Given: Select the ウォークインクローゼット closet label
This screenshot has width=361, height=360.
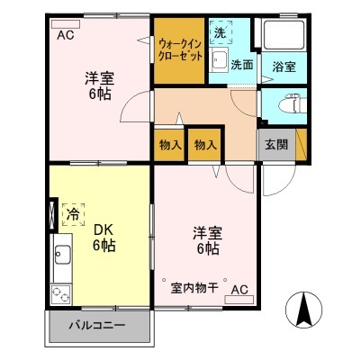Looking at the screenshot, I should tap(179, 48).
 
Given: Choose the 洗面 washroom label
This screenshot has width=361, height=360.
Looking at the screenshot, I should tap(240, 65).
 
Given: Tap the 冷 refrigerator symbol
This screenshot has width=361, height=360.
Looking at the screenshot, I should tap(71, 215).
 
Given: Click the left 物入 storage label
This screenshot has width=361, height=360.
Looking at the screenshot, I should tap(168, 145).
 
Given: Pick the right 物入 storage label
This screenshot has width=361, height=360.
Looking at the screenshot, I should tap(205, 145).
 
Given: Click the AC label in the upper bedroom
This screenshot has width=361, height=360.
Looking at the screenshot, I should tap(66, 36).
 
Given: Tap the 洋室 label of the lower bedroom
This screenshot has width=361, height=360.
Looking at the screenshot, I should tap(206, 231).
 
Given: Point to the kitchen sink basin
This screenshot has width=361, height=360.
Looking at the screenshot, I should tap(61, 257).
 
